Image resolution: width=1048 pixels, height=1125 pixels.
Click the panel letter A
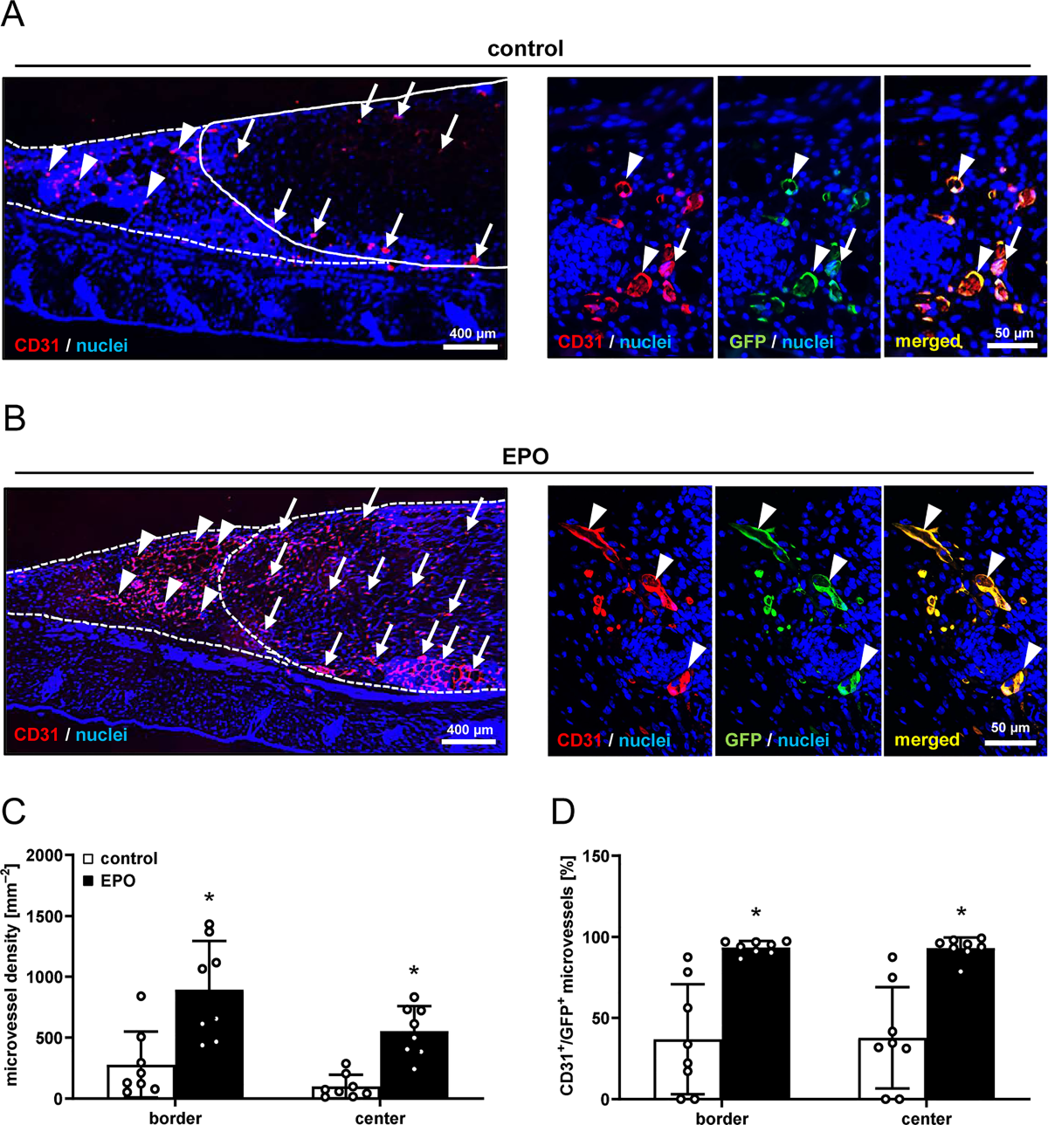tap(12, 14)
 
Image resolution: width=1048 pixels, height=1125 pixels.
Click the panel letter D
tap(563, 811)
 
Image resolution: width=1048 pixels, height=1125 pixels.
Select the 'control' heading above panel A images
tap(525, 49)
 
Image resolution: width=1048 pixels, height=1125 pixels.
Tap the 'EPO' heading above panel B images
tap(526, 456)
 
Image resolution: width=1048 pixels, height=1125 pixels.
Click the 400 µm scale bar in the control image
tap(470, 346)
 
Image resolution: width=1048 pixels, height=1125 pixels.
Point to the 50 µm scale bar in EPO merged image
tap(1010, 742)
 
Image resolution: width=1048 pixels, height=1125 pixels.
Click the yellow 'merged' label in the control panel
tap(927, 341)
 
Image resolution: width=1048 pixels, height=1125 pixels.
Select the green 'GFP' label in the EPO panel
tap(745, 740)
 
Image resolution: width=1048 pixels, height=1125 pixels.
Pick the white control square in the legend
tap(88, 859)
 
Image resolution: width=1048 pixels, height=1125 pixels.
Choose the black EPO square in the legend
tap(88, 881)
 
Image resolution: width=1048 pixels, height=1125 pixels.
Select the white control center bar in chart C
tap(346, 1093)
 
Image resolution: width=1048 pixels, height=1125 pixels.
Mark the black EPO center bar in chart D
tap(960, 1024)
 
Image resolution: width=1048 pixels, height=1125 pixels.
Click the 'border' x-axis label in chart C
tap(176, 1118)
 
